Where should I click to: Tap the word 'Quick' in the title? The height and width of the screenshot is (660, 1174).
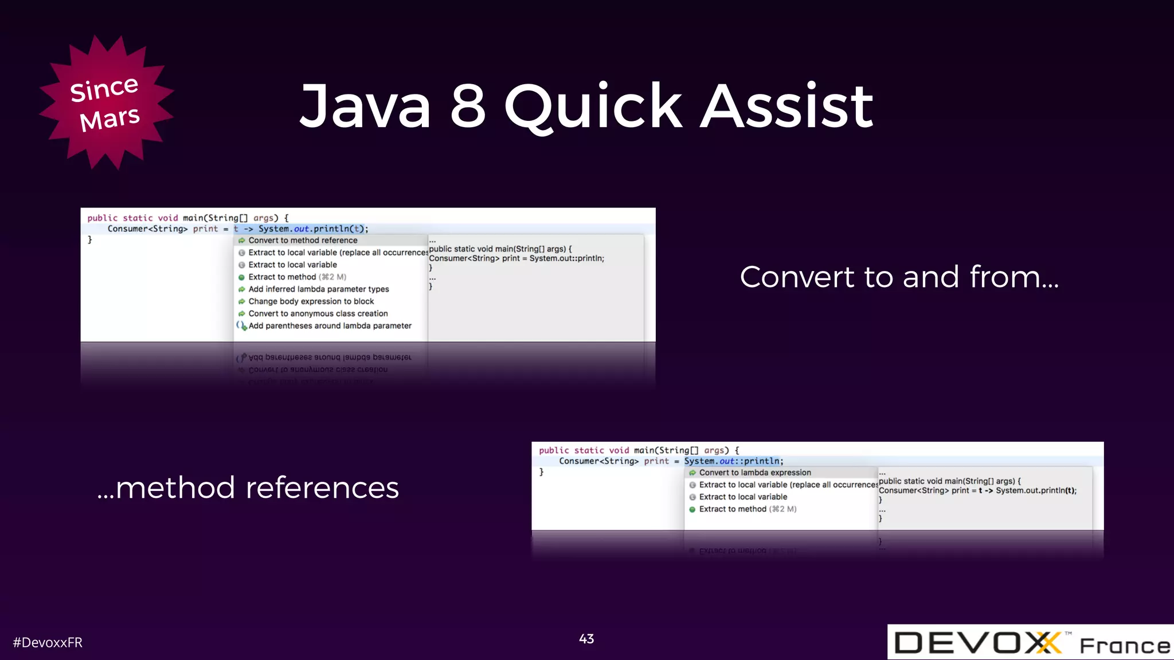point(593,107)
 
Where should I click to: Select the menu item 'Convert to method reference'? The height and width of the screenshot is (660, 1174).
point(303,241)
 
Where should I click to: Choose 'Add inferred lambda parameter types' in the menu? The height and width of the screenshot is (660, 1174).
point(318,289)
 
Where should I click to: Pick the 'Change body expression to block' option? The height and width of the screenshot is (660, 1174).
point(311,301)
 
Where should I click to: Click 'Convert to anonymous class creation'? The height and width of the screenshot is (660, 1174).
point(318,313)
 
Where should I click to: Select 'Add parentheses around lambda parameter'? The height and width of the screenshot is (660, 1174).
point(330,326)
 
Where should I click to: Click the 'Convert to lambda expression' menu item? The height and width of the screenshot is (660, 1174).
point(754,473)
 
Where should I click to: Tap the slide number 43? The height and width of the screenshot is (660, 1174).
point(586,639)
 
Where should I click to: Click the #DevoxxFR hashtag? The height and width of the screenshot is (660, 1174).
point(48,643)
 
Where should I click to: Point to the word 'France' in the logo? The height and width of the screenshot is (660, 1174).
point(1125,646)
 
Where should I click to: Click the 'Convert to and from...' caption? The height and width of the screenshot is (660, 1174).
point(899,277)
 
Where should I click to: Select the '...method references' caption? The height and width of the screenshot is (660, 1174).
point(248,488)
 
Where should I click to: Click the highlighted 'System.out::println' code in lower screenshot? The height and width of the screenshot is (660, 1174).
point(732,461)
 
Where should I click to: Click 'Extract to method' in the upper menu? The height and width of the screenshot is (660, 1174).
point(282,277)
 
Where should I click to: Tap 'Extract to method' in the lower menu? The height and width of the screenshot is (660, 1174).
point(732,509)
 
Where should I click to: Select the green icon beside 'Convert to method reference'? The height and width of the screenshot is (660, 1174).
point(242,241)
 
